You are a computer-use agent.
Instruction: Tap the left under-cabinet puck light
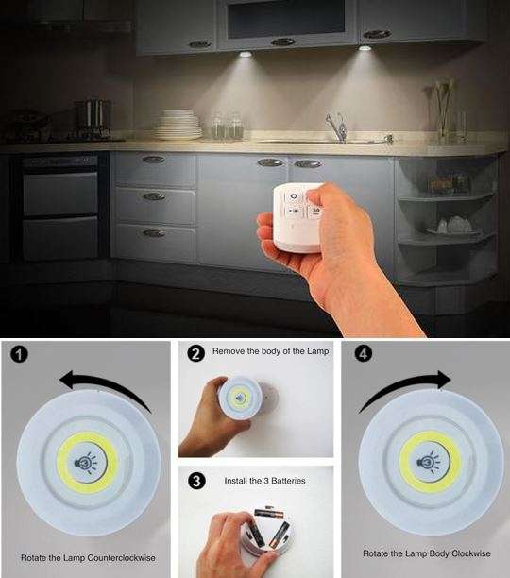(x=246, y=54)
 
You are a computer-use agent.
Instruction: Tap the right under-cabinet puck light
(x=365, y=47)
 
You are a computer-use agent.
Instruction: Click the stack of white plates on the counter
(x=178, y=125)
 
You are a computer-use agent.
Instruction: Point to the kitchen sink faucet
(x=335, y=125)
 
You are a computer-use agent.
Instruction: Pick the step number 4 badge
(x=363, y=355)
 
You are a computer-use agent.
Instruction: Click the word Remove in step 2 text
(x=228, y=350)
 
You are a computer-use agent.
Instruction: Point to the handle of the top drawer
(x=153, y=160)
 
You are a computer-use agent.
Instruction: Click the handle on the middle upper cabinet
(x=282, y=42)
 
